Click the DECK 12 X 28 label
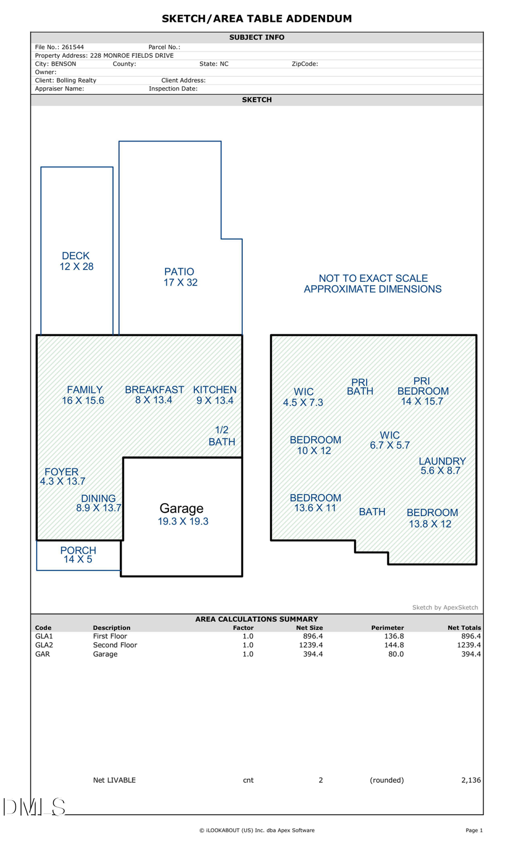pyautogui.click(x=77, y=261)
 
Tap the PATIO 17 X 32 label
pyautogui.click(x=180, y=277)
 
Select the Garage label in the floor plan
pyautogui.click(x=182, y=508)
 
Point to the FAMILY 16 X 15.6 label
pyautogui.click(x=83, y=395)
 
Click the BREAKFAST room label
pyautogui.click(x=154, y=395)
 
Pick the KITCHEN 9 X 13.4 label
pyautogui.click(x=215, y=395)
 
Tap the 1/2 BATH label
pyautogui.click(x=222, y=436)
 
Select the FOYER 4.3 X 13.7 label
pyautogui.click(x=62, y=476)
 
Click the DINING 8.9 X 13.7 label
pyautogui.click(x=99, y=503)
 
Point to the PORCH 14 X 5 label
pyautogui.click(x=78, y=554)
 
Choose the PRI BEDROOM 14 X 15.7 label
pyautogui.click(x=423, y=391)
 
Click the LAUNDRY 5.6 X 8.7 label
pyautogui.click(x=441, y=465)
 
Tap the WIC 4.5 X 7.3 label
pyautogui.click(x=303, y=397)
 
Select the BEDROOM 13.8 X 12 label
pyautogui.click(x=432, y=518)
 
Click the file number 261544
pyautogui.click(x=73, y=47)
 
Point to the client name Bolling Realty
pyautogui.click(x=76, y=80)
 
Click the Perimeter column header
pyautogui.click(x=387, y=628)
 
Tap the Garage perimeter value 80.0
pyautogui.click(x=396, y=654)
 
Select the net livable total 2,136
pyautogui.click(x=471, y=780)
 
